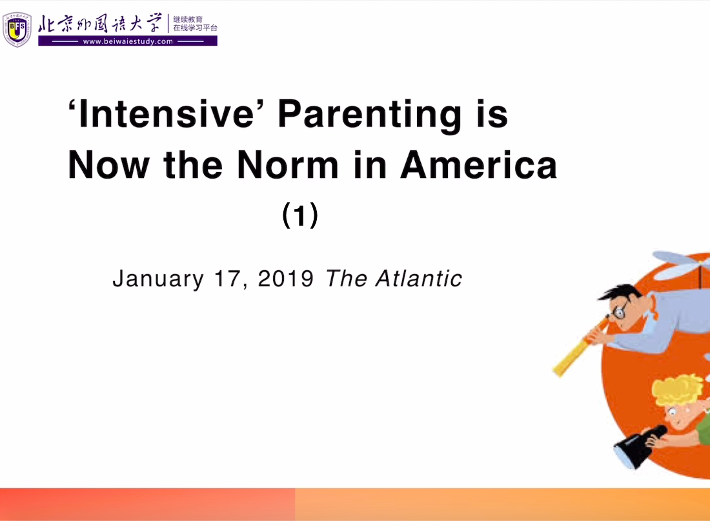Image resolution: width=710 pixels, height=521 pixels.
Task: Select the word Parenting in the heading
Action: coord(369,116)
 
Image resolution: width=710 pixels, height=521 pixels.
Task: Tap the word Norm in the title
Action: coord(287,164)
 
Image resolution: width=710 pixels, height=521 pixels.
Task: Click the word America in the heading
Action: coord(479,164)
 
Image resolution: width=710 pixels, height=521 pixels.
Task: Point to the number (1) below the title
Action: coord(300,215)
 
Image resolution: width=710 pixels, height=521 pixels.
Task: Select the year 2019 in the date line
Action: coord(286,278)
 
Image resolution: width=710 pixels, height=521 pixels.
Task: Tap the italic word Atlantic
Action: coord(418,278)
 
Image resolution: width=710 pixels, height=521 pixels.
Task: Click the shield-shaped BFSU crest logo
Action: coord(17,30)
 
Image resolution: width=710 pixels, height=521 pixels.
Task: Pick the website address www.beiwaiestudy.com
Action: coord(128,41)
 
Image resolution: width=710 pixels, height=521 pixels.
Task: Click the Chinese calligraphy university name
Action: coord(99,23)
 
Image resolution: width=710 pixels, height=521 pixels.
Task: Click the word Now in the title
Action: coord(108,164)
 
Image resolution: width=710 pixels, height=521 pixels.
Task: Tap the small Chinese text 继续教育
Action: coord(187,19)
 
